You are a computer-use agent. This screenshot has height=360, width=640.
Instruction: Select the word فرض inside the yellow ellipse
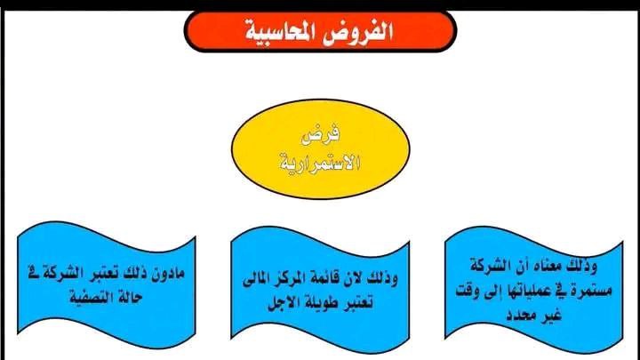pyautogui.click(x=321, y=135)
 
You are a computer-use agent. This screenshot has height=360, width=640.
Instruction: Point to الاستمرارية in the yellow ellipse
pyautogui.click(x=320, y=163)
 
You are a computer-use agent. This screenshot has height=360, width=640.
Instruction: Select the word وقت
pyautogui.click(x=467, y=292)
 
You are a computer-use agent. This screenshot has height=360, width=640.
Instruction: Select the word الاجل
pyautogui.click(x=282, y=304)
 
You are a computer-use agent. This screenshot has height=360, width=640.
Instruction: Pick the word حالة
pyautogui.click(x=129, y=297)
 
